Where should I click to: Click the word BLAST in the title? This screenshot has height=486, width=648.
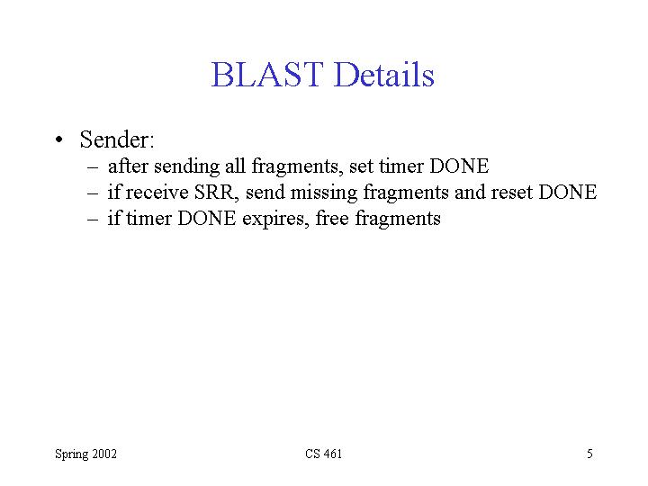267,75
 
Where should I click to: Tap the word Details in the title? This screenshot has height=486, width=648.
384,75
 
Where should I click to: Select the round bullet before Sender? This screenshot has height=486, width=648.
59,139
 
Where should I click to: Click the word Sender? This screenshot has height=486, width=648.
117,139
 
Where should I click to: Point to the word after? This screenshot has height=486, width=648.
128,166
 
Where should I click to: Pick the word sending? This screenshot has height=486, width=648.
187,167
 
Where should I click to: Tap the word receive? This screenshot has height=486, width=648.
157,193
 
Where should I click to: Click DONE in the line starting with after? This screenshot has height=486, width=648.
459,166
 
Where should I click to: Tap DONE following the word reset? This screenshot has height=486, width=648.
568,193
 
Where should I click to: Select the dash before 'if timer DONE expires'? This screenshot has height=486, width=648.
93,220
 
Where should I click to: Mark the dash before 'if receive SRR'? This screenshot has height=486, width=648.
93,193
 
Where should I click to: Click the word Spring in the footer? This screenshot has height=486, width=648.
72,454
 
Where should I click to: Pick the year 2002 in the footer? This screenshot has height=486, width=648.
104,454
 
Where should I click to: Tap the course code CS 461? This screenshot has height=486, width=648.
324,454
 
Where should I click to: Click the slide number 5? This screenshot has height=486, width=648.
589,454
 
